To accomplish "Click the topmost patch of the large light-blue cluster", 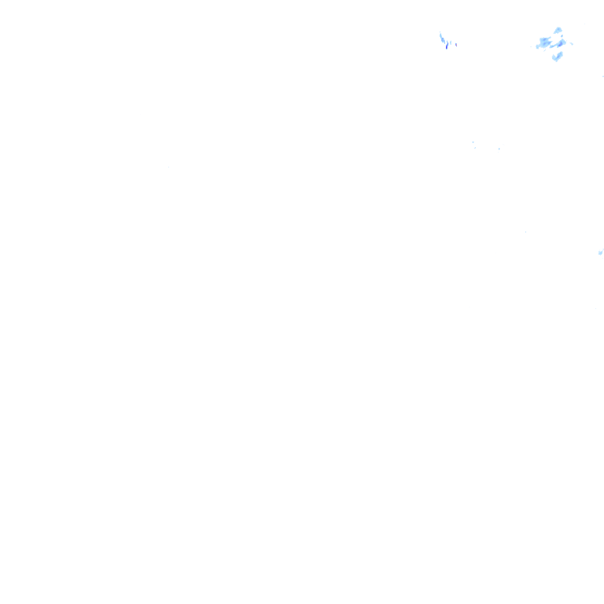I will (x=558, y=30).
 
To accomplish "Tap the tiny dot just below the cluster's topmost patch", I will (x=562, y=36).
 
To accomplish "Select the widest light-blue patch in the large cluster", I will (x=543, y=42).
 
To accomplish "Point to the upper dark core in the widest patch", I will (x=544, y=39).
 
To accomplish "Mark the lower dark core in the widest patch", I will (x=544, y=44).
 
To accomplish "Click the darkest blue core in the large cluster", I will (x=560, y=44).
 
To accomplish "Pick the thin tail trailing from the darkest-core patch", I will (x=552, y=46).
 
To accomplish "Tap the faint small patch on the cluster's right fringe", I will (x=572, y=43).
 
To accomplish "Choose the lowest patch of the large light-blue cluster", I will (x=558, y=56).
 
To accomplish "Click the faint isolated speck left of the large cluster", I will (x=531, y=46).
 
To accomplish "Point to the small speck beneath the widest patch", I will (x=544, y=50).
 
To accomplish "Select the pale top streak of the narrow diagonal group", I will (x=440, y=35).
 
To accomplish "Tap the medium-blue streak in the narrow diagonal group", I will (x=444, y=40).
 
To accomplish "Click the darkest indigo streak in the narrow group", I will (x=447, y=46).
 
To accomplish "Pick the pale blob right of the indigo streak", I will (x=451, y=42).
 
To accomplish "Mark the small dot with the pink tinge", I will (x=456, y=45).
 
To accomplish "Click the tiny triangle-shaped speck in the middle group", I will (x=473, y=142).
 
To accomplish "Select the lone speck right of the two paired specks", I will (x=499, y=149).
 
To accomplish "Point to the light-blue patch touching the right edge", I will (x=601, y=252).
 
